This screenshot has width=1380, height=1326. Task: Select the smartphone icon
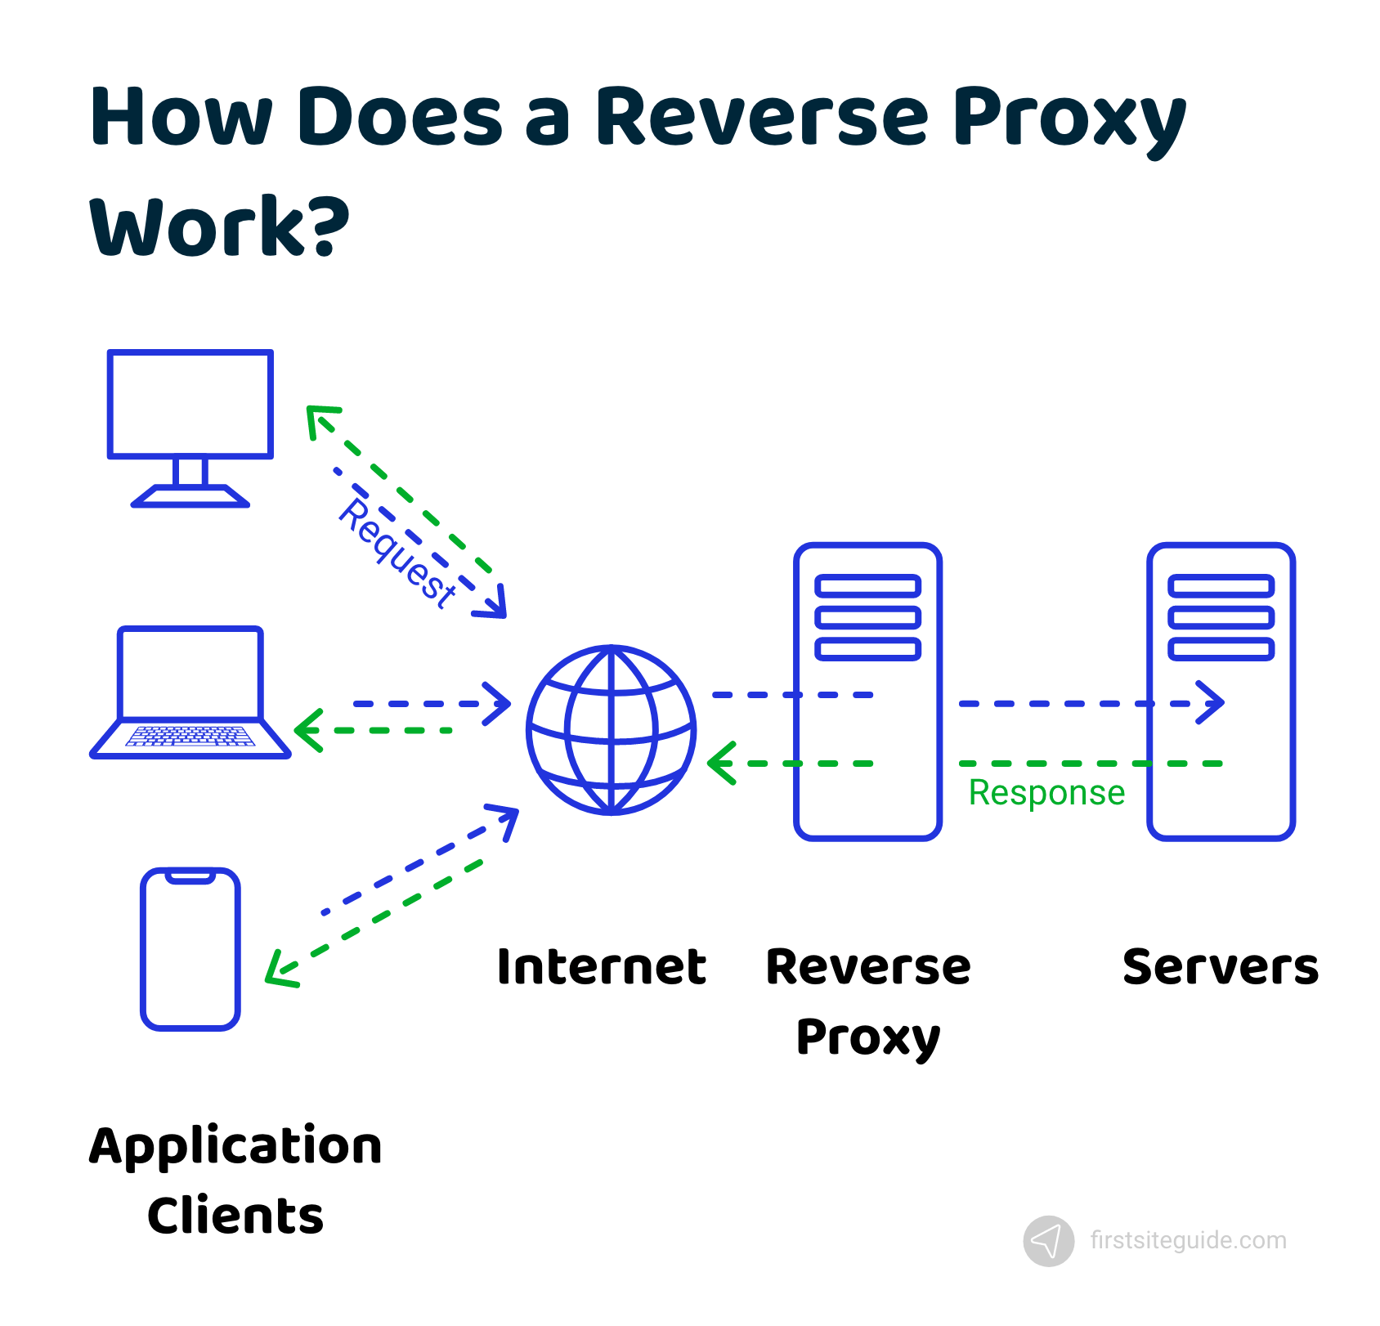tap(190, 948)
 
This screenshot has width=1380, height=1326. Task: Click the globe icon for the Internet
tap(612, 730)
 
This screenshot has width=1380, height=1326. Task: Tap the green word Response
tap(1046, 792)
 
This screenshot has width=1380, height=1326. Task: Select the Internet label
tap(601, 967)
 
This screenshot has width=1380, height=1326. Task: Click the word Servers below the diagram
tap(1220, 967)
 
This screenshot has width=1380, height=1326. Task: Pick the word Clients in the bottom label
tap(235, 1216)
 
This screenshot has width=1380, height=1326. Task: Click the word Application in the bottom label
tap(235, 1146)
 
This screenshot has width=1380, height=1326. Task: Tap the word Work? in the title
tap(219, 226)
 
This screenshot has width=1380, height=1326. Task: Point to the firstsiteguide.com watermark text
tap(1188, 1240)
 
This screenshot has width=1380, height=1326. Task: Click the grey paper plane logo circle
tap(1048, 1241)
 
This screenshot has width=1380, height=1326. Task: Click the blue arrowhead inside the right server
tap(1213, 702)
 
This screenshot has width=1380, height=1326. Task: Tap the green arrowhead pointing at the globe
tap(720, 763)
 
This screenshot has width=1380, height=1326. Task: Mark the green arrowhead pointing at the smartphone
tap(278, 973)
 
